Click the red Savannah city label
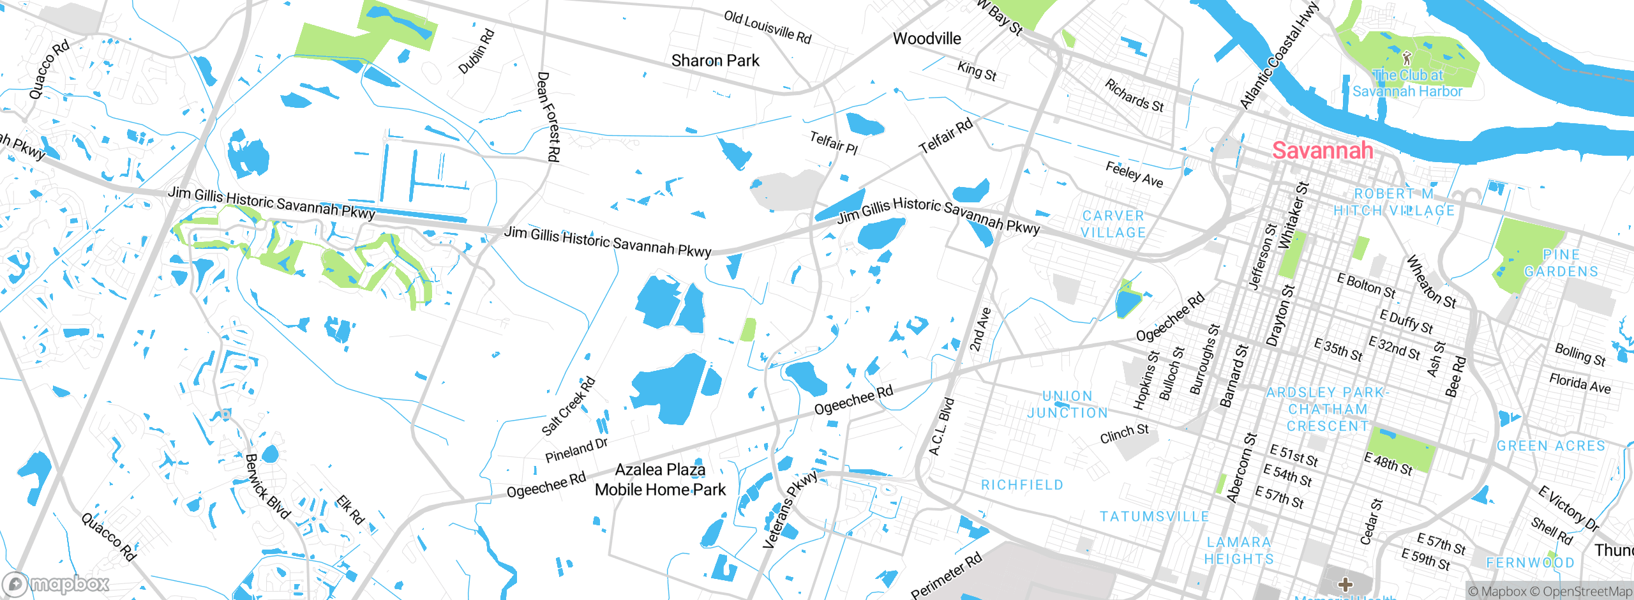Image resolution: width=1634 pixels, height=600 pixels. tap(1323, 151)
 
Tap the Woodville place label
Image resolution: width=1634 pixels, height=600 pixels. tap(927, 39)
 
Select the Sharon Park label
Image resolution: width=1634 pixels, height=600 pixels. tap(715, 61)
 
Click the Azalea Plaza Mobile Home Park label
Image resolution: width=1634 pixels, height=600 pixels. tap(660, 479)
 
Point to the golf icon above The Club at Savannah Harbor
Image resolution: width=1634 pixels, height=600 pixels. tap(1407, 58)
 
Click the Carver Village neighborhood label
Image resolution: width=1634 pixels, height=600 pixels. tap(1113, 224)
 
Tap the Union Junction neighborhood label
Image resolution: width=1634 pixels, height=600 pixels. tap(1067, 404)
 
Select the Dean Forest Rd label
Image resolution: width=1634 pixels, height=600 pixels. tap(548, 116)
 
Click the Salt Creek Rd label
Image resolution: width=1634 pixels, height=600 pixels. tap(568, 406)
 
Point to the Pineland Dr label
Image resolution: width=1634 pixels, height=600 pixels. tap(576, 450)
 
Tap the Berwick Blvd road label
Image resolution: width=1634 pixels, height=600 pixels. tap(268, 486)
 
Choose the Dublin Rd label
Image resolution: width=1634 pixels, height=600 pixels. tap(477, 51)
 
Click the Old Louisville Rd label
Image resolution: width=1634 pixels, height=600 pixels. tap(767, 27)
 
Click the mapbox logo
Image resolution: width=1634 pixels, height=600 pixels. tap(56, 584)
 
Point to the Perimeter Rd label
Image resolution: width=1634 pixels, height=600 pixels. tap(946, 576)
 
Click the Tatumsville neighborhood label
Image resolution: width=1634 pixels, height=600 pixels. tap(1154, 516)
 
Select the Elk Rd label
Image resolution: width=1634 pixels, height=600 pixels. tap(350, 509)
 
